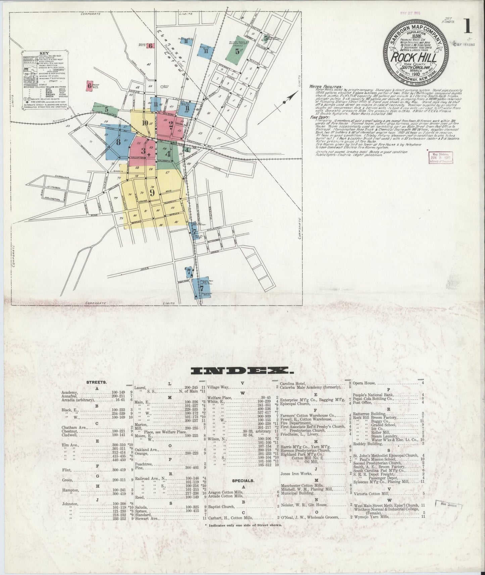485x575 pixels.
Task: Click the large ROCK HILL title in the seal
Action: (x=418, y=57)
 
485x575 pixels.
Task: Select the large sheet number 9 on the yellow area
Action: (x=152, y=193)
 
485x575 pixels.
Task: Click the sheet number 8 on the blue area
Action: (x=118, y=142)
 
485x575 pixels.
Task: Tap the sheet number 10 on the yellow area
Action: (x=145, y=123)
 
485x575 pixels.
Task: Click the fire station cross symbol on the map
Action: (x=149, y=154)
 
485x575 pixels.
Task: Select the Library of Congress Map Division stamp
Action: (x=440, y=158)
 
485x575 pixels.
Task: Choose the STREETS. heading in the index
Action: (x=97, y=382)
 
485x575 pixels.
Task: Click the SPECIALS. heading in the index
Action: (x=242, y=480)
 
